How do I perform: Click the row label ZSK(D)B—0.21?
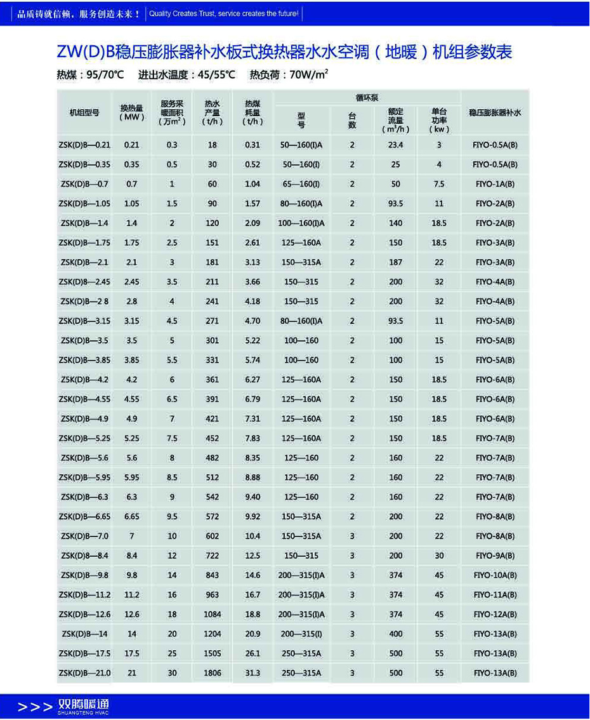85,145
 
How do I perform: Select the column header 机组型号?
84,112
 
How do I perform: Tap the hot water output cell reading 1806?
212,673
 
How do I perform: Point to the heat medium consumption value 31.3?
252,673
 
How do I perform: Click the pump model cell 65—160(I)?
301,184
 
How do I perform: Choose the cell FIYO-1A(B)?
495,184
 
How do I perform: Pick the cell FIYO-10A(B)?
495,575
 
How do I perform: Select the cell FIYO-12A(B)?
495,615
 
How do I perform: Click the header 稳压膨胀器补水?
495,112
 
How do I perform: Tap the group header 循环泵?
367,98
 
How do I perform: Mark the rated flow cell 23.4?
396,145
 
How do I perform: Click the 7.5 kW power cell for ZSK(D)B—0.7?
439,184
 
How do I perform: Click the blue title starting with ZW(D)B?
284,51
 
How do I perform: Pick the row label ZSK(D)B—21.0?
85,673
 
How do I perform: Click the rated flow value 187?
396,262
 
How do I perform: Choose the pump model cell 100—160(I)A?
301,223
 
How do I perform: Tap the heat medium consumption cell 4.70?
252,321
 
